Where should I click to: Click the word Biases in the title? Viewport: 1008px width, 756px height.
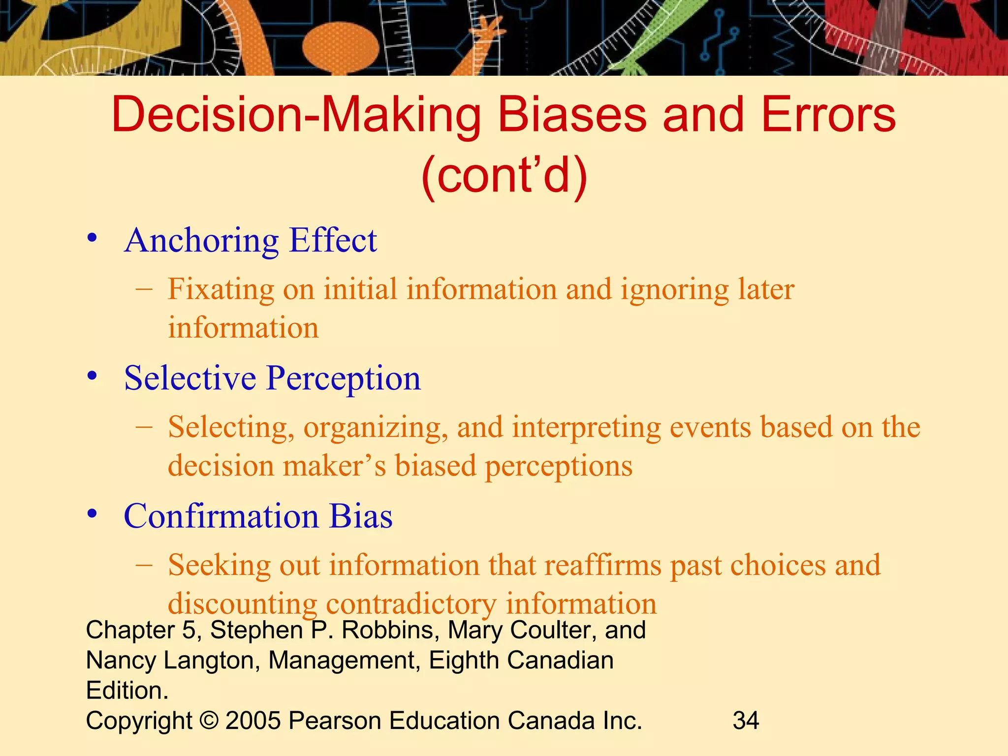(572, 115)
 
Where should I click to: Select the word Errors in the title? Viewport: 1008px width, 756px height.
(828, 115)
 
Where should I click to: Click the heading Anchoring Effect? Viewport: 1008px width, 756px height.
(251, 241)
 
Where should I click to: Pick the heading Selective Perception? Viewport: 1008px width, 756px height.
(272, 378)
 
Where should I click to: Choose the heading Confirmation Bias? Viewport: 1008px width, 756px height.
(258, 516)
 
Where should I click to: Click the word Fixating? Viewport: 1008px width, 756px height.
(220, 289)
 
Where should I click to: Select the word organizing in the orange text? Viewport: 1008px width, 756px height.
(375, 427)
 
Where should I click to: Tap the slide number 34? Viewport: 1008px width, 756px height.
(746, 721)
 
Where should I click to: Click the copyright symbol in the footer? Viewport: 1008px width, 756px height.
(209, 721)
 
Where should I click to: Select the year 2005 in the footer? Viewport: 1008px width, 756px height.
(253, 721)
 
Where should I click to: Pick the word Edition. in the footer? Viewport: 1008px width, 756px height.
(127, 691)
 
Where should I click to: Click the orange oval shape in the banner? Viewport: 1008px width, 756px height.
(341, 47)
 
